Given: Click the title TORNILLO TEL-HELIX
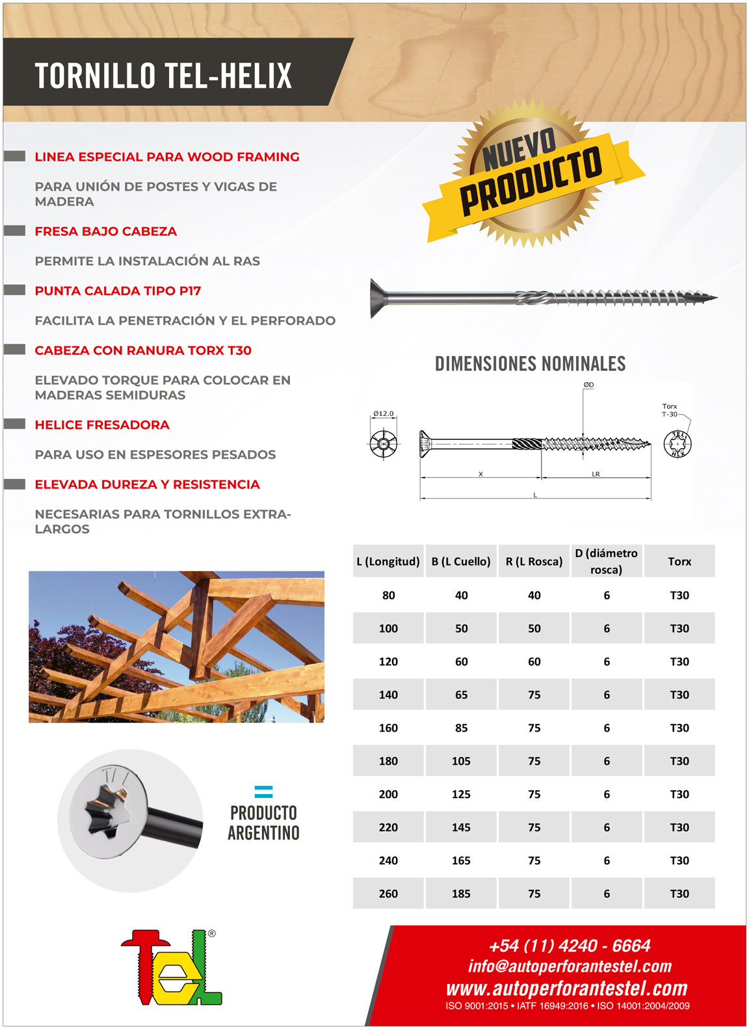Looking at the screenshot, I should [x=163, y=75].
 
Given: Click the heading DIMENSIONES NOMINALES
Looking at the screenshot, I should [x=530, y=364].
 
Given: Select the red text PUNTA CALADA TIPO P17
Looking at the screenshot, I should [x=118, y=291].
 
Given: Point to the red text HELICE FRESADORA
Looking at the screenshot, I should [x=102, y=425].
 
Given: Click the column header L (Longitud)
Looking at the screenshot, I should [x=388, y=562].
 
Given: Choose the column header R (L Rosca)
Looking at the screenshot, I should [x=534, y=562].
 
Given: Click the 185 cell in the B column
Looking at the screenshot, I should [x=461, y=894].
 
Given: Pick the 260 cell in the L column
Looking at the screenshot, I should [x=388, y=894].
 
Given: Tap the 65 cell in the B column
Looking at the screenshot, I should [x=461, y=694].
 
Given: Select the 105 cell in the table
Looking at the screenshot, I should [x=461, y=761].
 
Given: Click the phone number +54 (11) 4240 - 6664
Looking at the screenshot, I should [x=569, y=946].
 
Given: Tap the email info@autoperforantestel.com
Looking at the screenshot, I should [x=570, y=967].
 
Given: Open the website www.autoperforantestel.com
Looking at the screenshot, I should [x=566, y=989].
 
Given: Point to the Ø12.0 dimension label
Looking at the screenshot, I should [x=383, y=414].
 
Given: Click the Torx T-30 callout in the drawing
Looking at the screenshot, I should [x=669, y=410].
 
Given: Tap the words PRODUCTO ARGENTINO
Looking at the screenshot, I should [x=263, y=823].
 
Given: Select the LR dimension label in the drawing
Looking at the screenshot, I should [x=596, y=474].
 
